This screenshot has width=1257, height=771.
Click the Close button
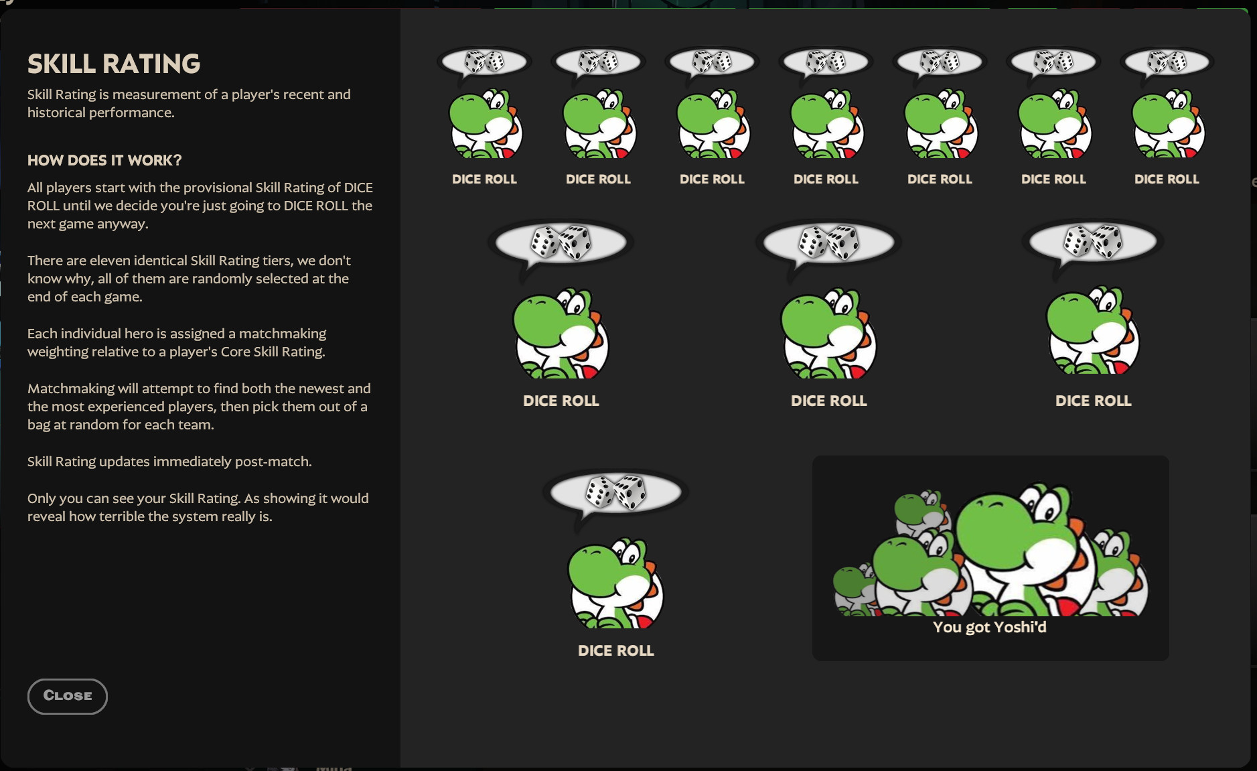point(68,696)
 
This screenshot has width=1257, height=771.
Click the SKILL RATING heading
point(114,64)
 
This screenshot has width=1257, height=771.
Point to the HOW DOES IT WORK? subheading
point(104,161)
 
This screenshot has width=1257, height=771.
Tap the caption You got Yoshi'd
point(990,628)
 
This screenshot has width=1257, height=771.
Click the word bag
point(39,425)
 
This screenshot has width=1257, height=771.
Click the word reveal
point(46,516)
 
